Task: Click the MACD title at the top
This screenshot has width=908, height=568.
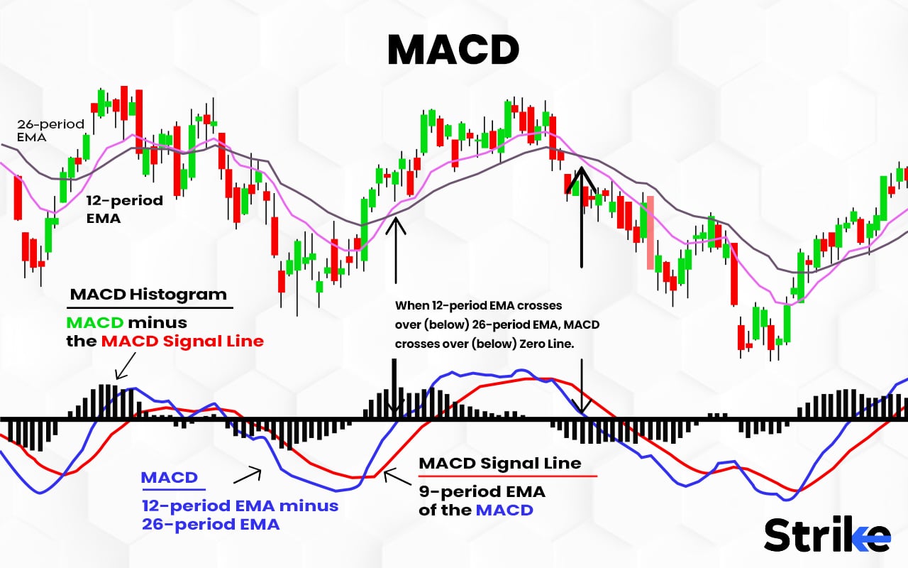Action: (453, 50)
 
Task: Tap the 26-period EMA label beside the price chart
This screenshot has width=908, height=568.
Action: (50, 130)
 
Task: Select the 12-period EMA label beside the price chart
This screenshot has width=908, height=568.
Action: (124, 209)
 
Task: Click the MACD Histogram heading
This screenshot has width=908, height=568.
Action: (148, 294)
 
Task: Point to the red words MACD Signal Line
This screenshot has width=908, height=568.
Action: (182, 341)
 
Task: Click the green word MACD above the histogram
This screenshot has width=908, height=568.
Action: (95, 322)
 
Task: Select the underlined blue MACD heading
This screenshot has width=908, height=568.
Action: (170, 478)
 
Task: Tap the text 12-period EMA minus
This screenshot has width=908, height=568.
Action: (240, 506)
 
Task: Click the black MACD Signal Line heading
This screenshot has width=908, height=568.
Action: (500, 463)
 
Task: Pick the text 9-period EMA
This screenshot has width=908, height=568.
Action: (482, 492)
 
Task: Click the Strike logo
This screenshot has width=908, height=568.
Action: (827, 535)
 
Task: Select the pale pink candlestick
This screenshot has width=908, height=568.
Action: (650, 232)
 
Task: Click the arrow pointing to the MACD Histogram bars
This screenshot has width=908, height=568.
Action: (126, 366)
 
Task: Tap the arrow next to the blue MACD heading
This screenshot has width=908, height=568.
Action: (248, 476)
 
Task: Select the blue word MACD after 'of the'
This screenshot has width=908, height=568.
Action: (504, 510)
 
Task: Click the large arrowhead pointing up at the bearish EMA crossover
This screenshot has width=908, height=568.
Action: (581, 180)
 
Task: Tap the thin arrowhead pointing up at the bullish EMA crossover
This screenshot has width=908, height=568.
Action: (396, 226)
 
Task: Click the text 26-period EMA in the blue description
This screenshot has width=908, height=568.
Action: (211, 524)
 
